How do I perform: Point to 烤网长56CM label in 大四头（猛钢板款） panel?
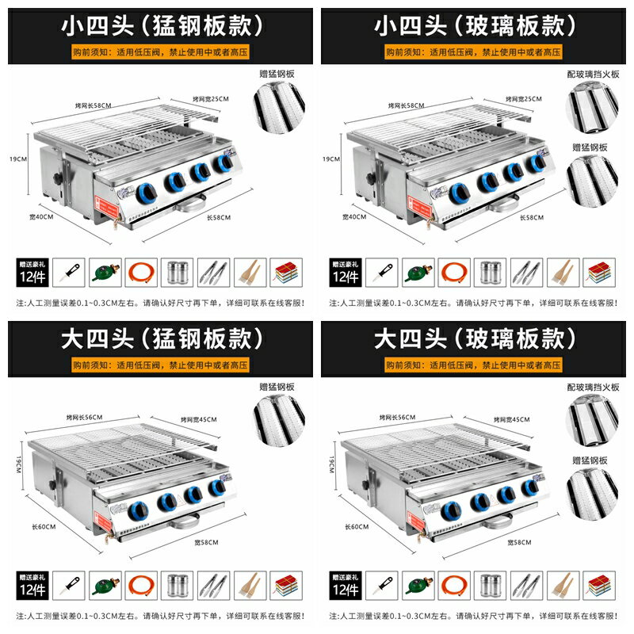86,418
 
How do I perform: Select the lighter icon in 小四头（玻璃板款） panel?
379,273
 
